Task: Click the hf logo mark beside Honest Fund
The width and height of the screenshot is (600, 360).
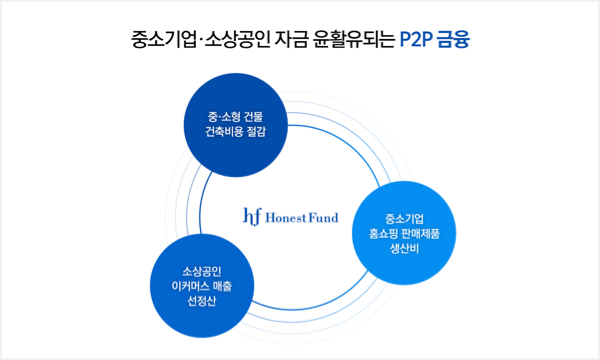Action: pyautogui.click(x=252, y=216)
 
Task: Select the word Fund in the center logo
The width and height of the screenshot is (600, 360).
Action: pyautogui.click(x=324, y=217)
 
